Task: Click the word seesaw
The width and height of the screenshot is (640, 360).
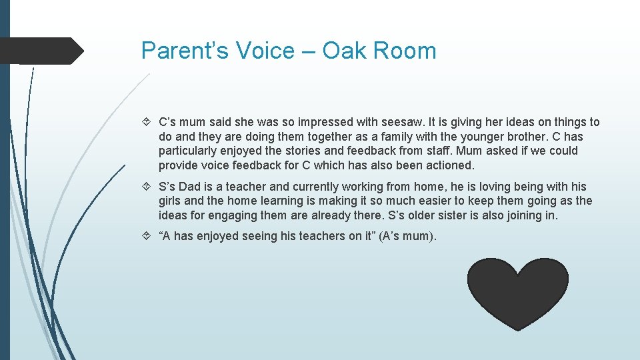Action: [400, 122]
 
